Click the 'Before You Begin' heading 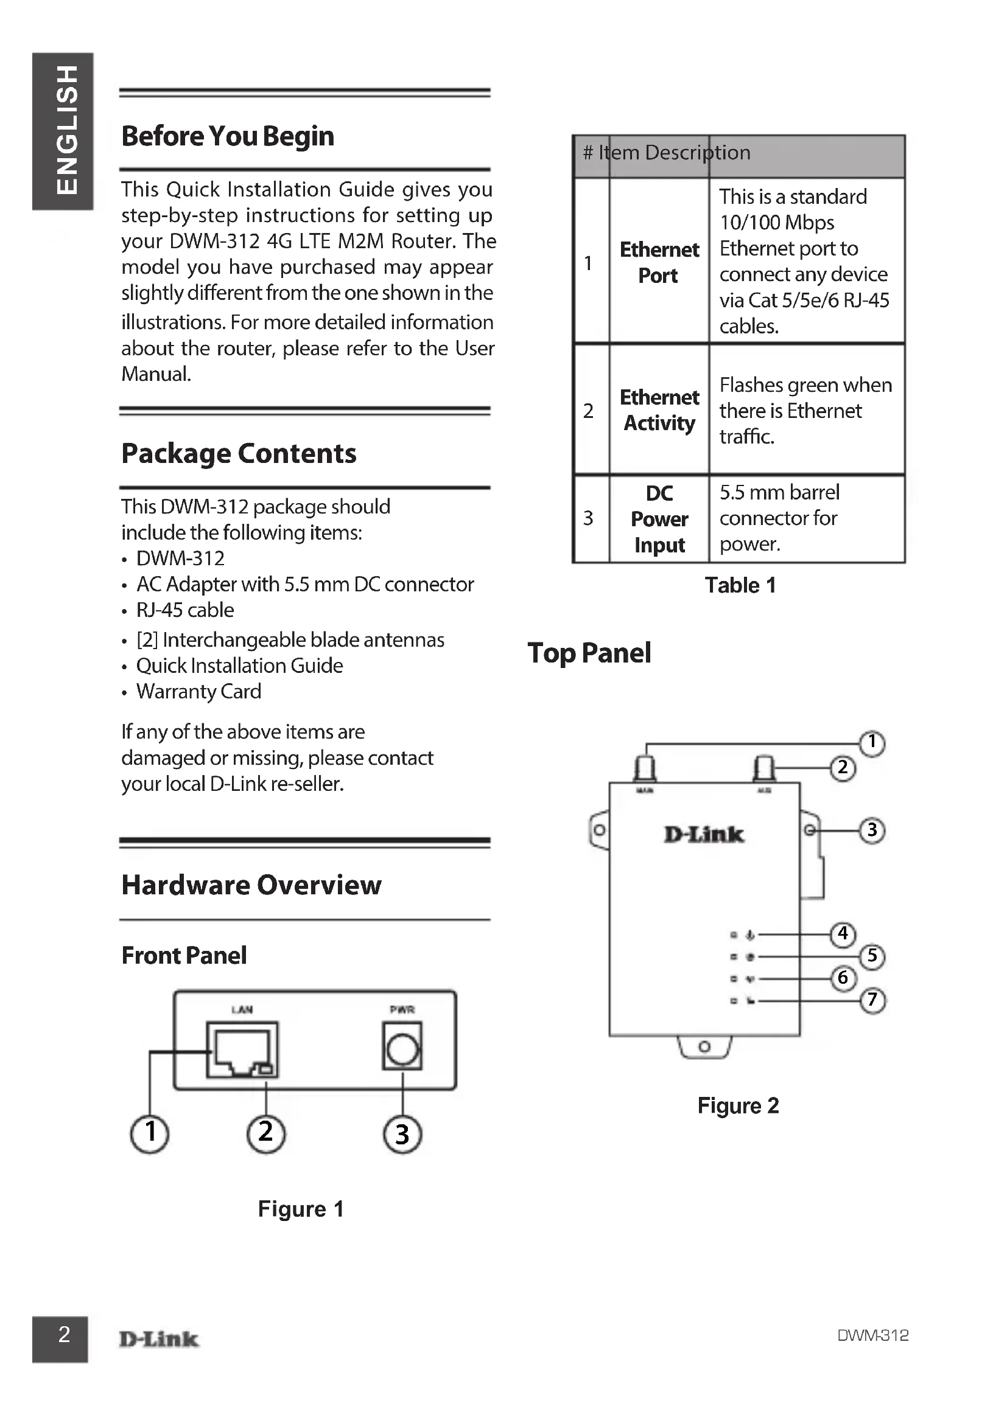pos(228,136)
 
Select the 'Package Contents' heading pos(239,454)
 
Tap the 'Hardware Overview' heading pos(251,885)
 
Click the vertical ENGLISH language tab pos(62,131)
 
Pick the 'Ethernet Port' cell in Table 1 pos(659,262)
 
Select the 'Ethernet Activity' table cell pos(659,410)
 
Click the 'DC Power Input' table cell pos(659,519)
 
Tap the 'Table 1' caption pos(740,586)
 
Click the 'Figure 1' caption pos(301,1209)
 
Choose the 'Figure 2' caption pos(738,1105)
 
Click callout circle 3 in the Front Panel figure pos(402,1133)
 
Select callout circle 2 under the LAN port pos(266,1132)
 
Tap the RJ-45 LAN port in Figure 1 pos(242,1050)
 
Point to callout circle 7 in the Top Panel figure pos(872,1000)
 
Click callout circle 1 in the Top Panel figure pos(872,742)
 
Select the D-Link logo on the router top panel pos(704,835)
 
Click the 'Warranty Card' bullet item pos(198,692)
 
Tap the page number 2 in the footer pos(64,1333)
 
